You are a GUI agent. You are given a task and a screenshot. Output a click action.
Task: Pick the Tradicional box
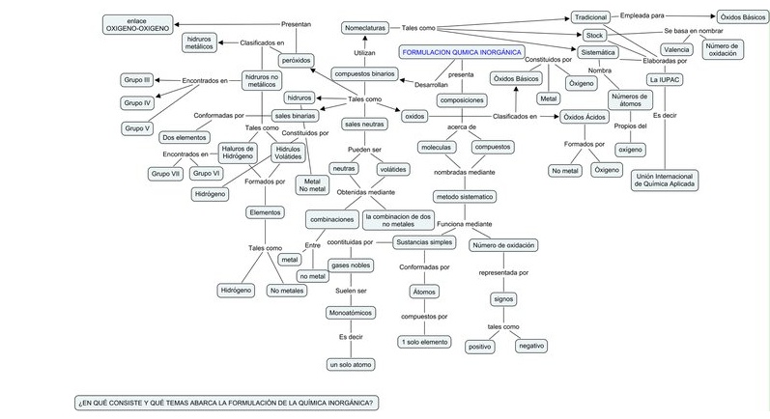590,17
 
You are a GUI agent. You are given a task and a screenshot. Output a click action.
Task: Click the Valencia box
677,49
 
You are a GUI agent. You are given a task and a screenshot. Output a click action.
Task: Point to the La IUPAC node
666,79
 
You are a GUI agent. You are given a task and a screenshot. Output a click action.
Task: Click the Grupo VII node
166,173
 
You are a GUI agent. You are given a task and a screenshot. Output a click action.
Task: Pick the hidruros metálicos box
200,42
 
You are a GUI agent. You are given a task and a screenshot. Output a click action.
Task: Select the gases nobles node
349,265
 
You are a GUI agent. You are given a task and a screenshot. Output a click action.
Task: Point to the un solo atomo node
349,364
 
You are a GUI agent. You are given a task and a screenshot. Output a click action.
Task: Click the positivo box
479,345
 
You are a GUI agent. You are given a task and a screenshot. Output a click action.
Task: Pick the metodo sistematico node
464,196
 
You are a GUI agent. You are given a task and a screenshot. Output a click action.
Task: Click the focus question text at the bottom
226,402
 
